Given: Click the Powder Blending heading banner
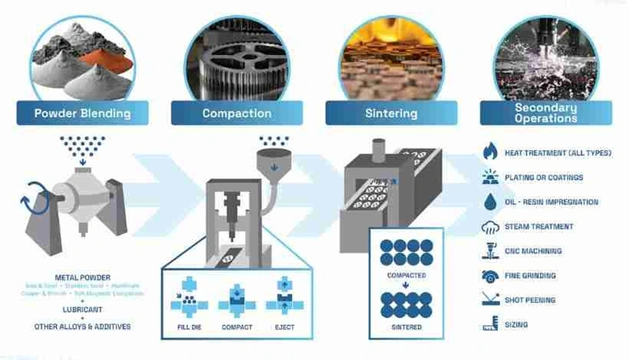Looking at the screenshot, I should point(83,113).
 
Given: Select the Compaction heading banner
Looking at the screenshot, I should point(238,113).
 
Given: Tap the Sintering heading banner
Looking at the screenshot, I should point(392,113).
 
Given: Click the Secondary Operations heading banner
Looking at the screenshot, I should point(546,113).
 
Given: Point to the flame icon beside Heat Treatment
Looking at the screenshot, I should point(489,152).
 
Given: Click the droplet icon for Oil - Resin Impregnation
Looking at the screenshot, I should point(489,202).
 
